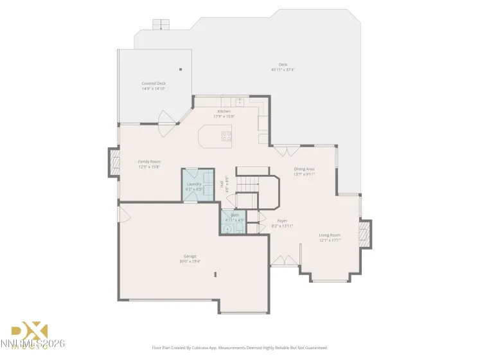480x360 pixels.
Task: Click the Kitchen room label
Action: pyautogui.click(x=224, y=111)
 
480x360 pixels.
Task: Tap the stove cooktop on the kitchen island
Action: pyautogui.click(x=227, y=136)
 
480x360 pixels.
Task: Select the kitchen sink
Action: pyautogui.click(x=239, y=101)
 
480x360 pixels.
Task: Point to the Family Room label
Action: pyautogui.click(x=149, y=161)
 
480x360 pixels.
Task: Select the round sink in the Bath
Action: pyautogui.click(x=227, y=228)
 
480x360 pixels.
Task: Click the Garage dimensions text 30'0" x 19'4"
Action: pyautogui.click(x=190, y=261)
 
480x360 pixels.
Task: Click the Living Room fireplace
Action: pyautogui.click(x=365, y=235)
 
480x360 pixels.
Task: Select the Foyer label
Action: pyautogui.click(x=282, y=221)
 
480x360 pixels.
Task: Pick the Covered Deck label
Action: pyautogui.click(x=154, y=84)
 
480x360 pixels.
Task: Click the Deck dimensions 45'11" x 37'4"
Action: pyautogui.click(x=283, y=69)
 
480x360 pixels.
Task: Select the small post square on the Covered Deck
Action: pyautogui.click(x=181, y=69)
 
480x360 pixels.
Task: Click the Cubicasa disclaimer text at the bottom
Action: pyautogui.click(x=240, y=348)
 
